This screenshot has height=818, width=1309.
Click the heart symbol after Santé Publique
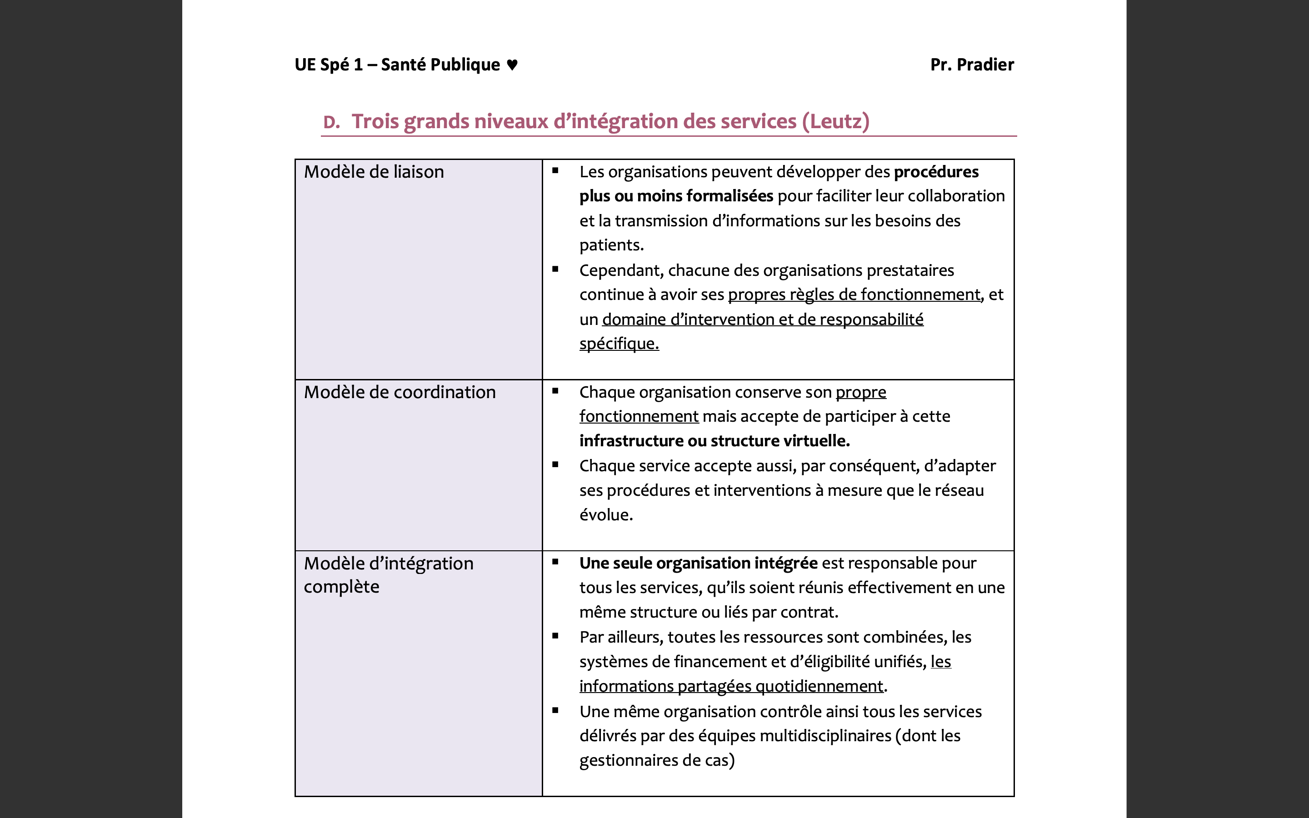pos(512,65)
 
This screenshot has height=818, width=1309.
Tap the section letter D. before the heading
pos(331,122)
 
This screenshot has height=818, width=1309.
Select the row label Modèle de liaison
pos(374,171)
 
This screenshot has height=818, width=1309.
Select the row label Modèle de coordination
pos(399,392)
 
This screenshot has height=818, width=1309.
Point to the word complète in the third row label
pos(341,586)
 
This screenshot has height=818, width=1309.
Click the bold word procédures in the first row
pos(936,171)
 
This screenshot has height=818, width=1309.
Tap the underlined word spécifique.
pos(619,344)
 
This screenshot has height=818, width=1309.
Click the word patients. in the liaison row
pos(611,245)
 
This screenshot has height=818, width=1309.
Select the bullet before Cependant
pos(555,269)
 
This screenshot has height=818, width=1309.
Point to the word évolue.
pos(606,514)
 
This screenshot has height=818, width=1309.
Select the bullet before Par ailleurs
pos(555,636)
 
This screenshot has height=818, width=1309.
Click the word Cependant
pos(621,270)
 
